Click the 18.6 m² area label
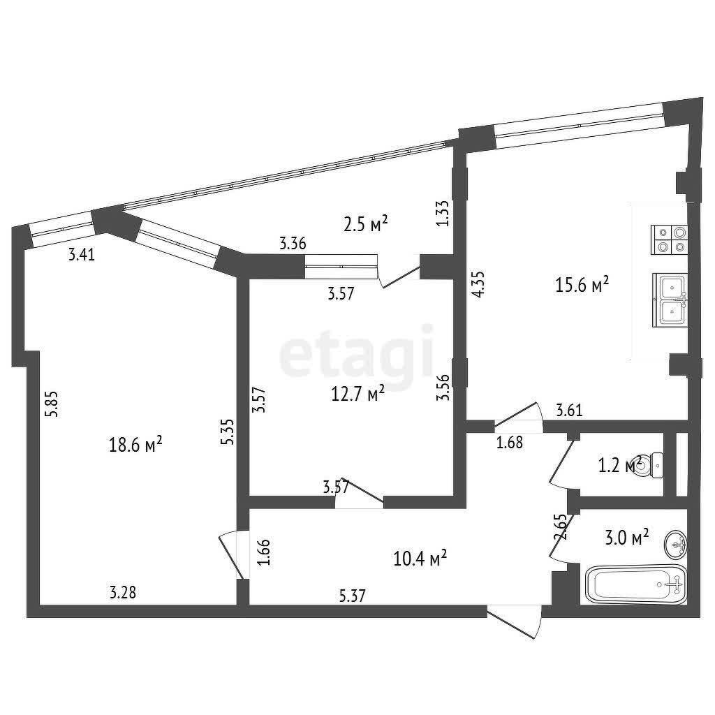tap(135, 444)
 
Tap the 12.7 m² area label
tap(357, 393)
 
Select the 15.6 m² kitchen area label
tap(582, 285)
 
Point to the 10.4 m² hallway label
tap(420, 558)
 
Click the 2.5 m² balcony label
tap(365, 223)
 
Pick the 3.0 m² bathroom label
tap(626, 538)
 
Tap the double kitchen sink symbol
tap(670, 300)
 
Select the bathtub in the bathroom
tap(636, 584)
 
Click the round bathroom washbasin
tap(676, 544)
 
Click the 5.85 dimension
tap(51, 404)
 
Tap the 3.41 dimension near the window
tap(82, 254)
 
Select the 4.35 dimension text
tap(478, 285)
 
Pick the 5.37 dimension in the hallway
tap(353, 596)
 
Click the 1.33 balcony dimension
tap(442, 214)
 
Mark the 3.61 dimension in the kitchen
tap(569, 411)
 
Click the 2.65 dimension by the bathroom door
tap(561, 527)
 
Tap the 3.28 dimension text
tap(123, 592)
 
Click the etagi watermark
tap(356, 352)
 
